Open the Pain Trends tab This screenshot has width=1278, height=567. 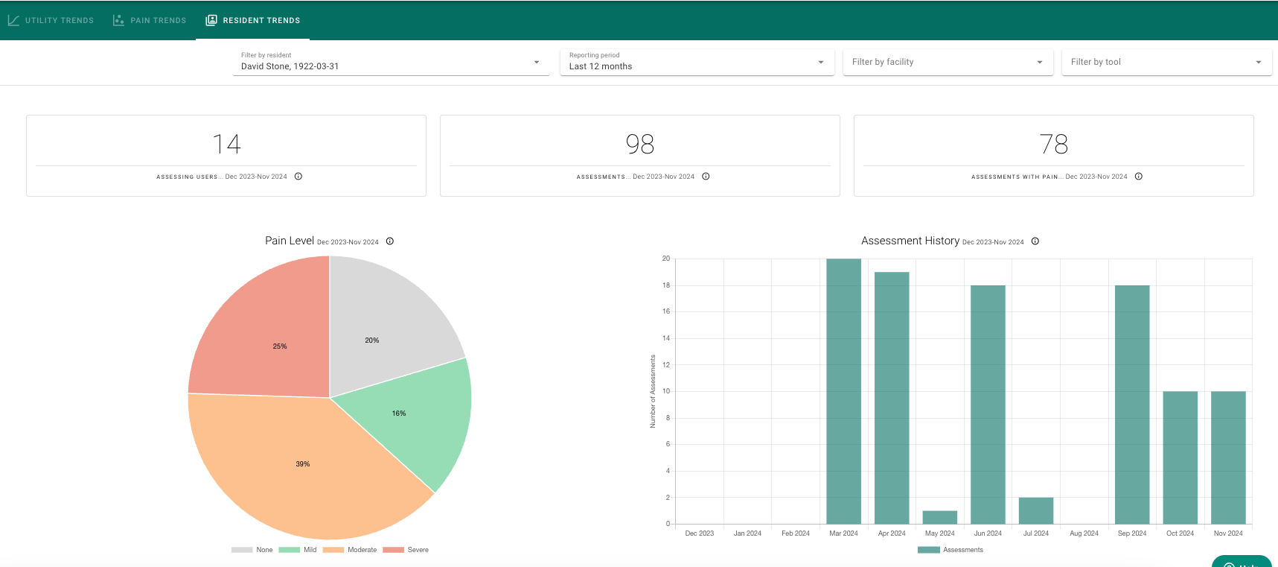click(149, 20)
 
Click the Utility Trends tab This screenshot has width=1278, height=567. click(51, 20)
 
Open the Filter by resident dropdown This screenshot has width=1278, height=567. click(391, 62)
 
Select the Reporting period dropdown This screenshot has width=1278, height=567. click(697, 62)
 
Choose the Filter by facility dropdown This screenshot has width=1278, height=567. click(948, 62)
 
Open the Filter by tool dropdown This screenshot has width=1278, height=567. click(1166, 62)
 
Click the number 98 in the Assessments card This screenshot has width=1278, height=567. click(640, 144)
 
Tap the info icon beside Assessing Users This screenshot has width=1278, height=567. click(298, 177)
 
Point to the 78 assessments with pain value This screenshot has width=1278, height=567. click(1054, 144)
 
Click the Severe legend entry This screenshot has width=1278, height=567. click(406, 550)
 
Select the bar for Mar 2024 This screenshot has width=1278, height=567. click(843, 391)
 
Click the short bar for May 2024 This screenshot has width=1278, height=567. click(939, 517)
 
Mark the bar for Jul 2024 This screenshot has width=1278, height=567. click(1035, 510)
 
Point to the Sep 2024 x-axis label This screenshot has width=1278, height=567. click(1132, 533)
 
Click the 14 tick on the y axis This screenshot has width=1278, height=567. click(666, 338)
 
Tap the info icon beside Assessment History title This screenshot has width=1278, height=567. click(1035, 241)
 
